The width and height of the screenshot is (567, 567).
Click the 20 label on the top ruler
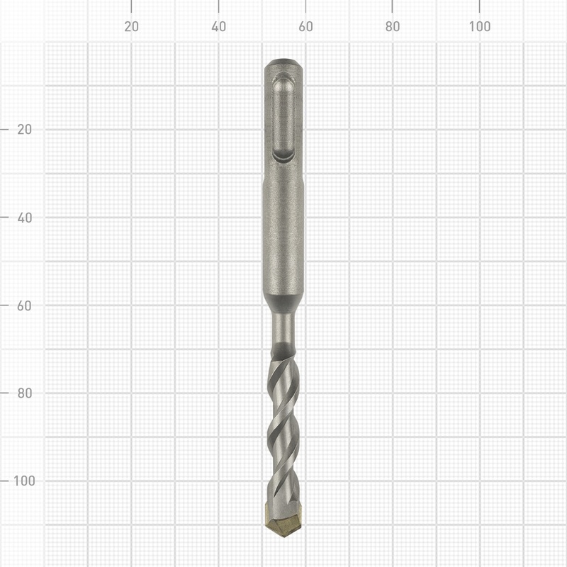pyautogui.click(x=131, y=27)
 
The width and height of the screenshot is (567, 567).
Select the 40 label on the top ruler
pyautogui.click(x=218, y=27)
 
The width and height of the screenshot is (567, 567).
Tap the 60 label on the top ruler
pyautogui.click(x=305, y=27)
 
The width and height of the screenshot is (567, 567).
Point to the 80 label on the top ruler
pyautogui.click(x=393, y=27)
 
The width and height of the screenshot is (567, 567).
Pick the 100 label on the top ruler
pyautogui.click(x=480, y=27)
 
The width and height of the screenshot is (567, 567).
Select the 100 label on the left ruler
pyautogui.click(x=23, y=480)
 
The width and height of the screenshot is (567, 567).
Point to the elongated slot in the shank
pyautogui.click(x=283, y=117)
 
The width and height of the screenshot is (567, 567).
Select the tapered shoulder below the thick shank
pyautogui.click(x=283, y=303)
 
